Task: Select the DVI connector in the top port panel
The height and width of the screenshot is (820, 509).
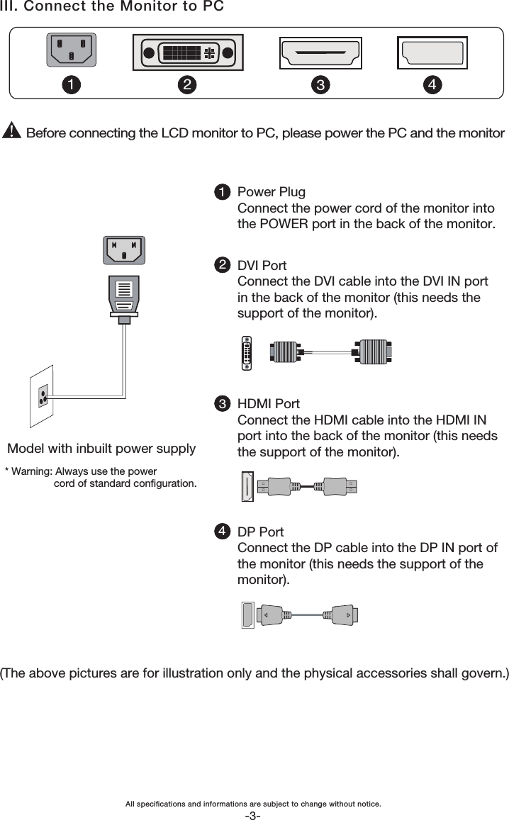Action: tap(188, 52)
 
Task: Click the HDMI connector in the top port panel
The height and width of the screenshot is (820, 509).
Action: tap(320, 52)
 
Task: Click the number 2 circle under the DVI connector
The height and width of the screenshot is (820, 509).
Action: tap(186, 85)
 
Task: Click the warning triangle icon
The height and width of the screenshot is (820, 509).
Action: tap(12, 133)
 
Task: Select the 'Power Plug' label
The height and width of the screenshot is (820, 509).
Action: tap(272, 192)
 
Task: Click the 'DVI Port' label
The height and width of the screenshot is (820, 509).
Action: tap(262, 266)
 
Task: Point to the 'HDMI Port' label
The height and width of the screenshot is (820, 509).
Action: tap(269, 404)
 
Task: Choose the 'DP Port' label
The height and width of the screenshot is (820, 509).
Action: tap(261, 532)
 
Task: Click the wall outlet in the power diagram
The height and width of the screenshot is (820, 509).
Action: tap(42, 396)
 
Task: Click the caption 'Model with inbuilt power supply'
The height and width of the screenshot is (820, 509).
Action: tap(101, 449)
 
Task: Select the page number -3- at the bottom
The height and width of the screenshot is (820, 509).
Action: tap(253, 815)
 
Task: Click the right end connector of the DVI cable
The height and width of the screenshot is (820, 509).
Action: tap(373, 352)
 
